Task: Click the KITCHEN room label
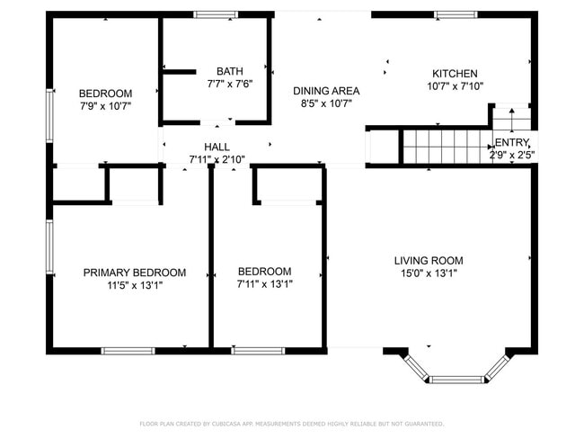pyautogui.click(x=455, y=74)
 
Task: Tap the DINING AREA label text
pyautogui.click(x=326, y=91)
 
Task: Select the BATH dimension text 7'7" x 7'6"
pyautogui.click(x=230, y=84)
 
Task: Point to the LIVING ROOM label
pyautogui.click(x=429, y=261)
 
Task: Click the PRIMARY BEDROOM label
pyautogui.click(x=135, y=273)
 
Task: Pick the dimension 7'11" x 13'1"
pyautogui.click(x=264, y=284)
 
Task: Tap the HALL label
pyautogui.click(x=217, y=147)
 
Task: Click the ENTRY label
pyautogui.click(x=512, y=142)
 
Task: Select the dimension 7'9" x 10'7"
pyautogui.click(x=105, y=106)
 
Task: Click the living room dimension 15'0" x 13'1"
pyautogui.click(x=429, y=273)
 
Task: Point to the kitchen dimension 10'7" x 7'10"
pyautogui.click(x=455, y=86)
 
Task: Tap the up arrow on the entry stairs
pyautogui.click(x=512, y=120)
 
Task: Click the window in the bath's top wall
pyautogui.click(x=216, y=14)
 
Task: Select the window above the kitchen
pyautogui.click(x=456, y=14)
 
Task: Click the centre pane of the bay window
pyautogui.click(x=457, y=380)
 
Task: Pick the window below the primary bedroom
pyautogui.click(x=128, y=351)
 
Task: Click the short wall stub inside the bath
pyautogui.click(x=180, y=72)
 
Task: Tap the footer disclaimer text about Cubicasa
pyautogui.click(x=292, y=424)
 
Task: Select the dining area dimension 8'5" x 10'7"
pyautogui.click(x=326, y=103)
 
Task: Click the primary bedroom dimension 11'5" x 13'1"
pyautogui.click(x=135, y=286)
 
